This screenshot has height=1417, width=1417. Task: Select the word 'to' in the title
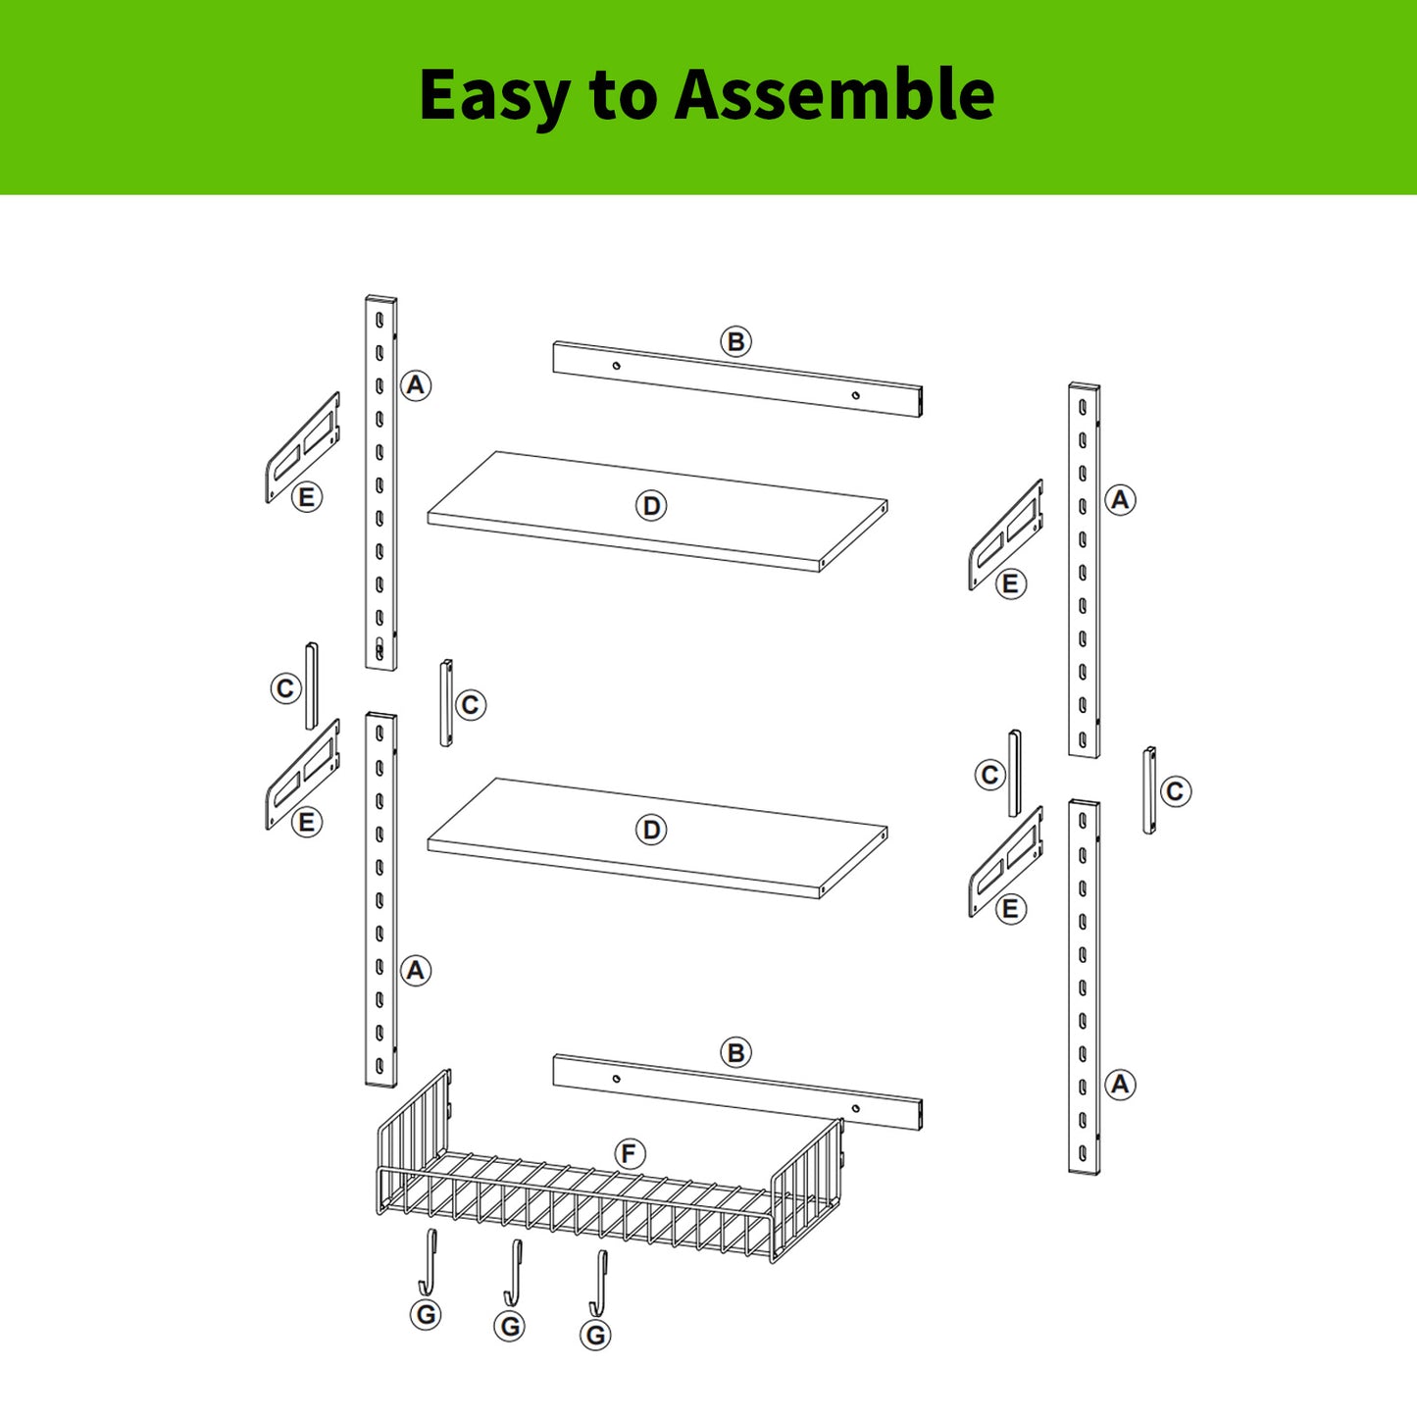pyautogui.click(x=622, y=95)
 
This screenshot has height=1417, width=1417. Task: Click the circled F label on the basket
pyautogui.click(x=630, y=1153)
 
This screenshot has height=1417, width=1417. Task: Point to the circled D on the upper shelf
pyautogui.click(x=651, y=506)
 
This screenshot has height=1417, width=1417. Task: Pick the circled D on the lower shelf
pyautogui.click(x=651, y=830)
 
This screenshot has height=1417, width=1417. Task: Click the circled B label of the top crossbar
pyautogui.click(x=735, y=341)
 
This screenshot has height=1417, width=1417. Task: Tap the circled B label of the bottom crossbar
pyautogui.click(x=735, y=1052)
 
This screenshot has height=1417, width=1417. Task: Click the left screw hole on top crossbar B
pyautogui.click(x=616, y=366)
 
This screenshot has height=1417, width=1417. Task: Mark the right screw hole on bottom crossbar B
pyautogui.click(x=855, y=1108)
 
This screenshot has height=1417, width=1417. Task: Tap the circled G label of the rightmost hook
pyautogui.click(x=595, y=1335)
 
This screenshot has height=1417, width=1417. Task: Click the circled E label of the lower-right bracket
pyautogui.click(x=1010, y=909)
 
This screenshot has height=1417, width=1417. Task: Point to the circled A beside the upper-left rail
pyautogui.click(x=416, y=385)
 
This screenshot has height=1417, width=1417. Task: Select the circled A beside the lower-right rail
pyautogui.click(x=1120, y=1085)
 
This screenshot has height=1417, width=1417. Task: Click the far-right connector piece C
pyautogui.click(x=1148, y=790)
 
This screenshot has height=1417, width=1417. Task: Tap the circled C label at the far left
pyautogui.click(x=285, y=688)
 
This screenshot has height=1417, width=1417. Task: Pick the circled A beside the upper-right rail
pyautogui.click(x=1120, y=500)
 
